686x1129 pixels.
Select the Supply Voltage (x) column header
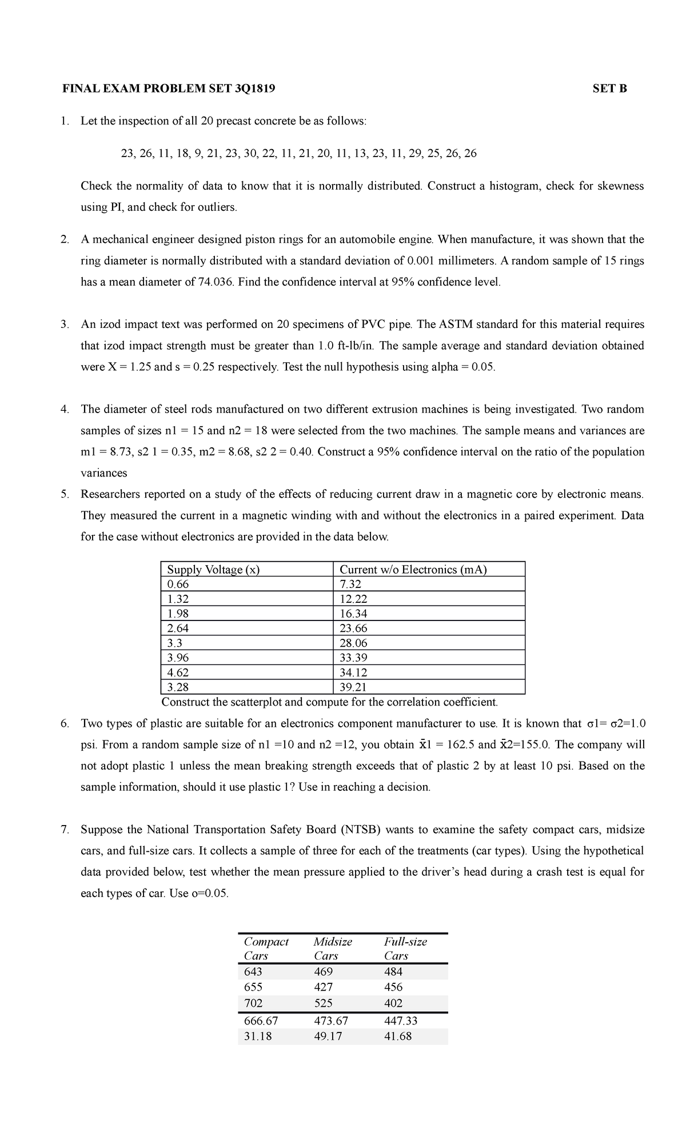click(x=213, y=569)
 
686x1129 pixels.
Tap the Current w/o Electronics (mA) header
click(x=413, y=569)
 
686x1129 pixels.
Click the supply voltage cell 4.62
click(x=177, y=672)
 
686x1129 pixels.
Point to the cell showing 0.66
click(x=177, y=584)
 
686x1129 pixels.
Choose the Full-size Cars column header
click(x=405, y=948)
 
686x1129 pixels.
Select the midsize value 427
click(x=323, y=987)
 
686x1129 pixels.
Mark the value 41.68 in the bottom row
click(x=398, y=1036)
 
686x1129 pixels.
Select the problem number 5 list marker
click(x=65, y=494)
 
